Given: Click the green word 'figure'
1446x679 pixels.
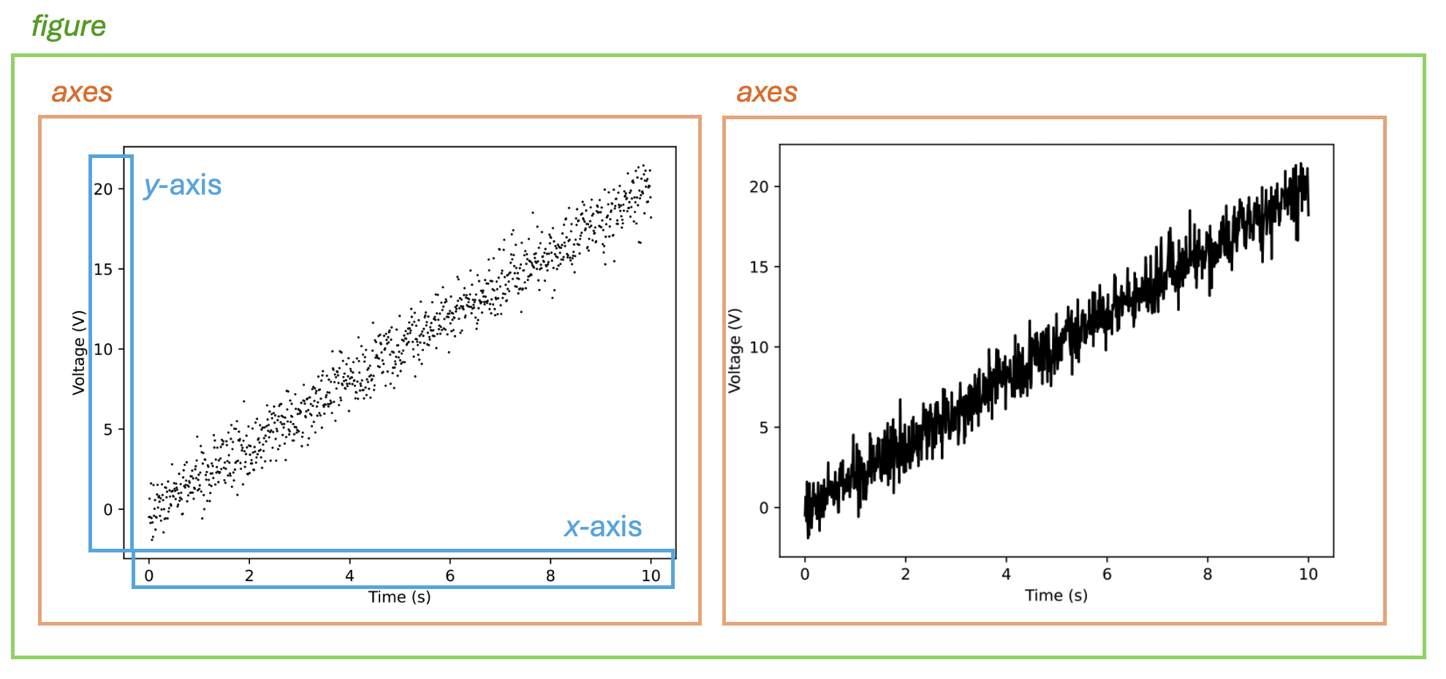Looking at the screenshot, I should [69, 26].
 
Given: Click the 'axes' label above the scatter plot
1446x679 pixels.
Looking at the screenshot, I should [82, 93].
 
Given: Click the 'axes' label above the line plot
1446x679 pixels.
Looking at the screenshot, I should [767, 93].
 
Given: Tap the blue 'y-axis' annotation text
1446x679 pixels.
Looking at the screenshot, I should [183, 185].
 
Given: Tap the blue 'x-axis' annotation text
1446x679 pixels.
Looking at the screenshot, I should [603, 527].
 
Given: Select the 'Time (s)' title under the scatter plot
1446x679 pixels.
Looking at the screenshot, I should [399, 597].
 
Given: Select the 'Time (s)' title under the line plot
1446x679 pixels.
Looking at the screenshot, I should [1056, 596].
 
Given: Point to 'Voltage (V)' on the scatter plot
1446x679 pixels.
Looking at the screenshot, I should [79, 353].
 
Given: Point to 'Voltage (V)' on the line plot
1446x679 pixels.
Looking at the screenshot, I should [735, 350].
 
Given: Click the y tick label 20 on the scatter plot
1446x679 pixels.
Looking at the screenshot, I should [103, 190].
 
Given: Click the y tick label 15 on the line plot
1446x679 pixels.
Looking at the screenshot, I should [759, 267].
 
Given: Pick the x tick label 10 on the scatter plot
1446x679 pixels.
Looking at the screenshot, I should [651, 576].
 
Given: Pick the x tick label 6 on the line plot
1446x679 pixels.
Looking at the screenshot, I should [1107, 574].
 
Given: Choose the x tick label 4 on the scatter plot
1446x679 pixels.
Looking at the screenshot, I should [349, 576].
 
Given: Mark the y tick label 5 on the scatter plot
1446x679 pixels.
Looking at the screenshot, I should [108, 429].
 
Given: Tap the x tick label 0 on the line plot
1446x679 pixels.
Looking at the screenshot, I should [805, 574].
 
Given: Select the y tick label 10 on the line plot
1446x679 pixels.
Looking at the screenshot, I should [759, 348].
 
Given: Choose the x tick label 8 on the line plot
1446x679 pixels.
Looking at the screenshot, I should [1208, 574].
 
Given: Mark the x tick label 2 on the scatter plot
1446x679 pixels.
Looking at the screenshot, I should [249, 576].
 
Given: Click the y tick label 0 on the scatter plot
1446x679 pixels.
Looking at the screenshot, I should [108, 510].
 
